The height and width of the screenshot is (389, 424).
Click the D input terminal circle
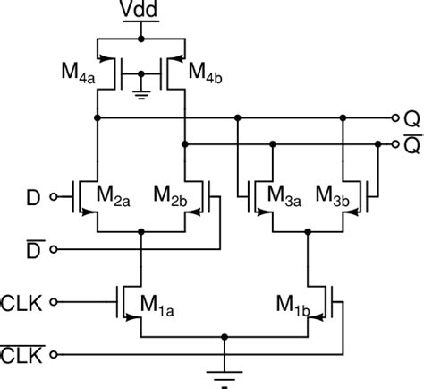point(53,194)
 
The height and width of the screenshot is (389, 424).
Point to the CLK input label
point(21,300)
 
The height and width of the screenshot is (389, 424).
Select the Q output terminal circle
point(395,117)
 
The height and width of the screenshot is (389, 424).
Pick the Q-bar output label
point(411,143)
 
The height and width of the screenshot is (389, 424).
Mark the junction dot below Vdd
point(140,39)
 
